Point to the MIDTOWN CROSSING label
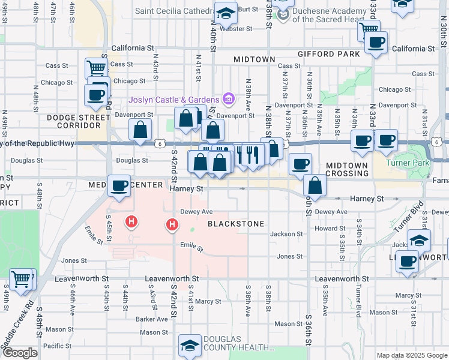[348, 169]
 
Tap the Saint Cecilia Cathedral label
[173, 11]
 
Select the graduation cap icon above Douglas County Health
[190, 345]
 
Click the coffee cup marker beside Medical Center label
[119, 185]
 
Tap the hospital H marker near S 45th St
[131, 223]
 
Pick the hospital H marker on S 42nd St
[172, 225]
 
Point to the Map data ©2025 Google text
[411, 355]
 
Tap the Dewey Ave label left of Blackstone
[197, 212]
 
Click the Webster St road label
[235, 28]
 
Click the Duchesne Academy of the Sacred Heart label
[330, 16]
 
